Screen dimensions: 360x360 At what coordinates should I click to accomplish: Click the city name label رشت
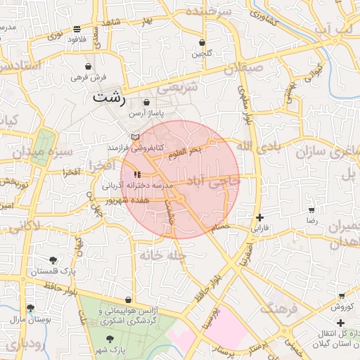tap(109, 97)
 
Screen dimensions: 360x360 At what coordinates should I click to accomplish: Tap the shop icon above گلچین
tap(202, 42)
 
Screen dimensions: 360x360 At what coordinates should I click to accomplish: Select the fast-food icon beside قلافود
tap(76, 29)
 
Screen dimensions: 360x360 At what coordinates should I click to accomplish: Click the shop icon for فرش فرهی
tap(88, 67)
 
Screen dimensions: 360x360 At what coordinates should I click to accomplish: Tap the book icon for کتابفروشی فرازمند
tap(136, 136)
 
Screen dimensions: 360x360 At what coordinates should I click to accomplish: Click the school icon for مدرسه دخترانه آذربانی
tap(136, 174)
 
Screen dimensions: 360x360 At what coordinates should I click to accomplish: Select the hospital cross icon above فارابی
tap(261, 217)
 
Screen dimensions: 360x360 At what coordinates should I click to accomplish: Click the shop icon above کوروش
tap(342, 296)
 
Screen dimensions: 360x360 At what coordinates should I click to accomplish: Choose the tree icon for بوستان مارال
tap(30, 308)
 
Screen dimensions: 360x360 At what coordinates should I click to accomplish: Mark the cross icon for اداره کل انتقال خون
tap(341, 323)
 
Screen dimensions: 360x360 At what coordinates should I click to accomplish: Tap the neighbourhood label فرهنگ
tap(279, 307)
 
